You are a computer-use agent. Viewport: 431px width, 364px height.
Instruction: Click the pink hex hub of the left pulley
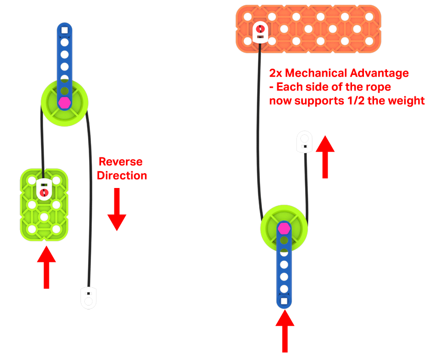pos(64,102)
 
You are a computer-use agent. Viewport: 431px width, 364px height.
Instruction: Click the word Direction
pos(122,176)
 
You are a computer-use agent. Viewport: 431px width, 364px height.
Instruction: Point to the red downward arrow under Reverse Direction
pos(116,209)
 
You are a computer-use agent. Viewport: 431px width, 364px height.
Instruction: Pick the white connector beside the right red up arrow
pos(304,142)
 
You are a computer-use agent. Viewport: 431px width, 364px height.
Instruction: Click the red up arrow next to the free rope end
pos(325,156)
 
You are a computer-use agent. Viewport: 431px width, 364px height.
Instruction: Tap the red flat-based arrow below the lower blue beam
pos(284,330)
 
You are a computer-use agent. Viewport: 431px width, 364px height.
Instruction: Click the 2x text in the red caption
pos(276,73)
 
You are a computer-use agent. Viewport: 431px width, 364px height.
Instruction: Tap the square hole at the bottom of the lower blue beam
pos(284,301)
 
